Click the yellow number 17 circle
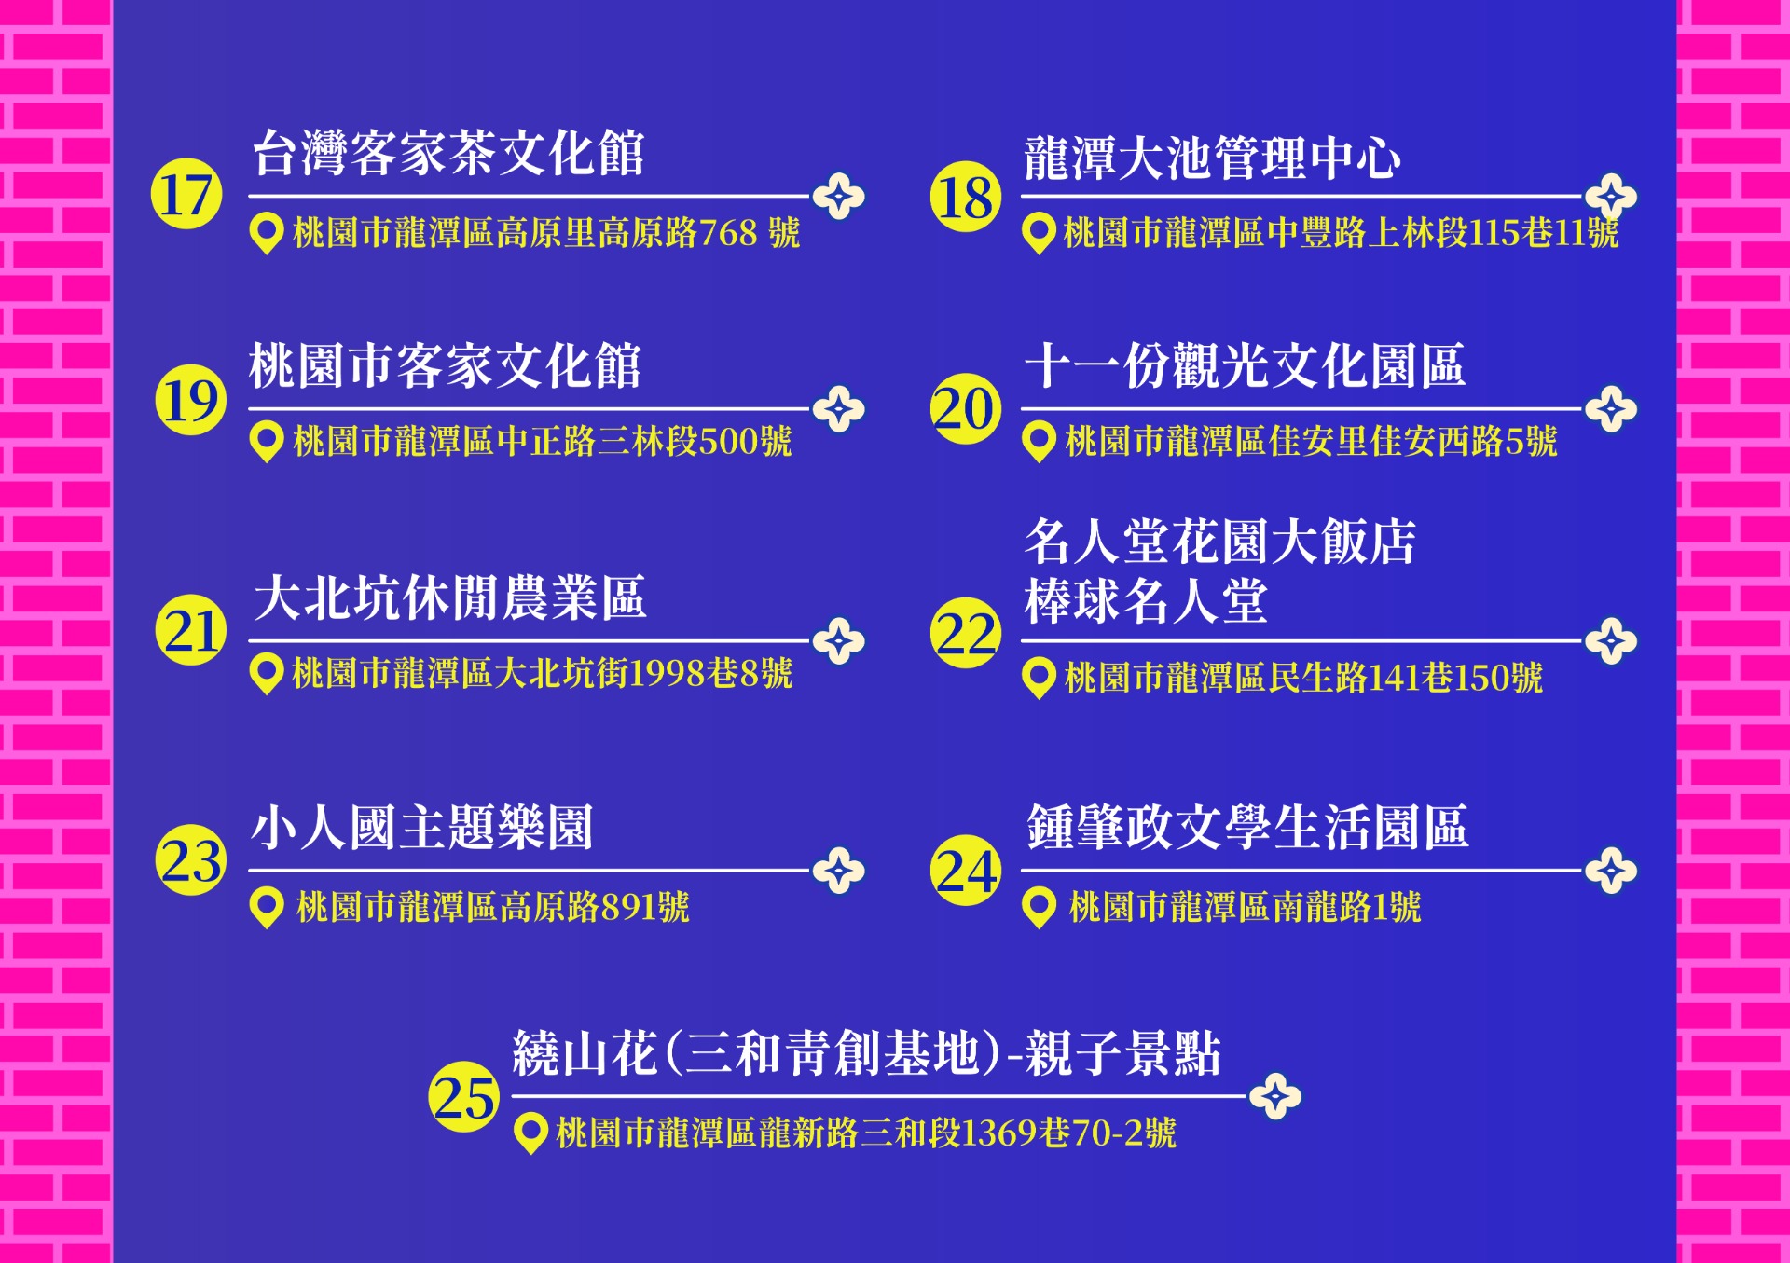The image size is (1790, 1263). coord(186,194)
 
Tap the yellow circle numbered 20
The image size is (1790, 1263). coord(966,408)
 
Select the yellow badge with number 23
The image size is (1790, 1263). coord(190,859)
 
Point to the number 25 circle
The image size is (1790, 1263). coord(463,1096)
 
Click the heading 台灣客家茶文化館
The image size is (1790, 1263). coord(448,153)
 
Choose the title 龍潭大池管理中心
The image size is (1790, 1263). coord(1212,158)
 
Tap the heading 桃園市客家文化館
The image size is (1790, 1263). coord(446,365)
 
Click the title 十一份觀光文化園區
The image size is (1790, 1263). coord(1245,365)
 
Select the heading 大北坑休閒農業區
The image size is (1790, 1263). coord(449,597)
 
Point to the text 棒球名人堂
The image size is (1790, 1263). coord(1146,601)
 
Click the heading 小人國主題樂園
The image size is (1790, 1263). coord(422,827)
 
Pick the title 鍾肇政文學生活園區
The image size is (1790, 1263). coord(1247,827)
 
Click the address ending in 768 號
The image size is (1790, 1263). coord(546,232)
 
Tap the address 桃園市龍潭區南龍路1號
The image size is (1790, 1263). coord(1245,906)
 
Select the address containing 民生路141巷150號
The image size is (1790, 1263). coord(1303,678)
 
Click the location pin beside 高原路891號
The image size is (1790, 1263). coord(267,907)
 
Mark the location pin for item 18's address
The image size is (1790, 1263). coord(1039,233)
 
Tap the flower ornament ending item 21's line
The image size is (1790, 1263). coord(839,641)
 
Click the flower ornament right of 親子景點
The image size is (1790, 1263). coord(1275,1096)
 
